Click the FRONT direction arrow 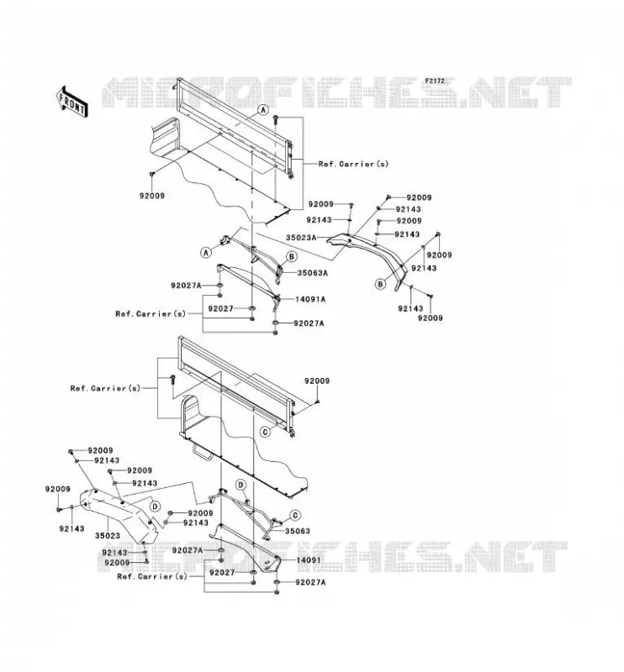pos(72,102)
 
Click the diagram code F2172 pos(435,81)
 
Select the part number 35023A pos(301,238)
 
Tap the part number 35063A pos(313,272)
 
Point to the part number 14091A pos(309,299)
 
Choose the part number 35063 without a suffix pos(298,531)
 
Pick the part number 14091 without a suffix pos(308,560)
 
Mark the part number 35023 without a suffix pos(108,536)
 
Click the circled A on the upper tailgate pos(263,110)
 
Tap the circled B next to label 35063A pos(292,257)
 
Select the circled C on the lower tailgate pos(266,432)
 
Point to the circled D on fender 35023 pos(155,507)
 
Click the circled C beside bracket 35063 pos(295,515)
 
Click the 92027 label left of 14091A pos(220,308)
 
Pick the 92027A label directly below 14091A pos(309,323)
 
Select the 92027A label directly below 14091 pos(310,582)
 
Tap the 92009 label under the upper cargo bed pos(152,196)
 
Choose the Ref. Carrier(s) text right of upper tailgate pos(353,164)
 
